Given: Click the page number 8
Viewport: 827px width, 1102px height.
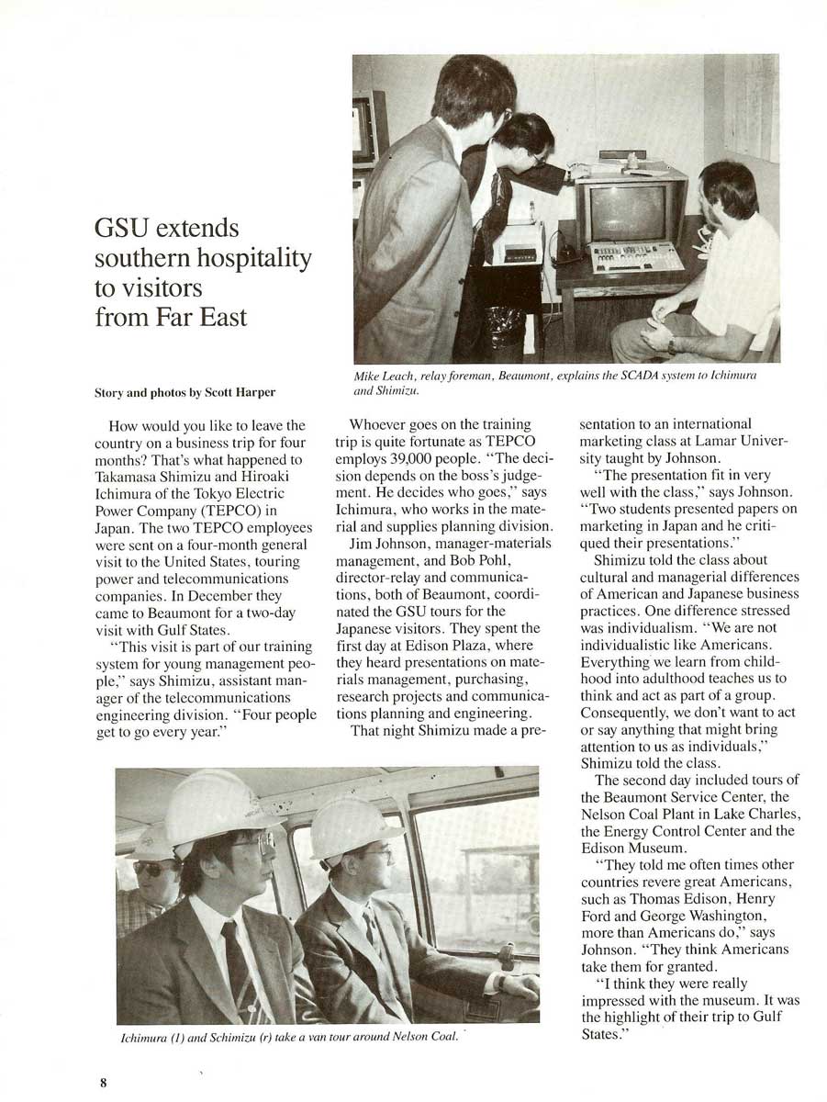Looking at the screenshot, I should [104, 1082].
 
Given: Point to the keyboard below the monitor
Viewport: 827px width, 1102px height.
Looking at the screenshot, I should [635, 257].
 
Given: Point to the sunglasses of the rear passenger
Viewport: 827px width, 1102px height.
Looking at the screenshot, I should [152, 866].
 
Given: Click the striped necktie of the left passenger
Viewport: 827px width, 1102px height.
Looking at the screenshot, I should [236, 973].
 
